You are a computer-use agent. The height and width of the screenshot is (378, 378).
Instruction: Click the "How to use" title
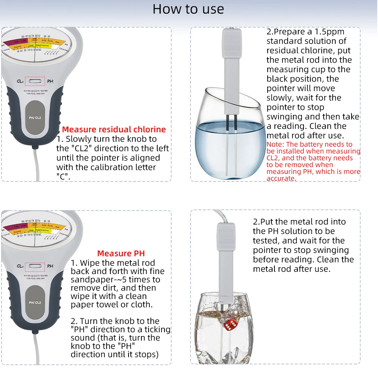coord(188,9)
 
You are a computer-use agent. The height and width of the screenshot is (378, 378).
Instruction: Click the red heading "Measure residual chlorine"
coord(114,130)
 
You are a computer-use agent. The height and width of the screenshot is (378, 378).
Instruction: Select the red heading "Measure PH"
coord(121,253)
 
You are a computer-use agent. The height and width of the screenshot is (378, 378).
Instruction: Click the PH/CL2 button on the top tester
coord(35,118)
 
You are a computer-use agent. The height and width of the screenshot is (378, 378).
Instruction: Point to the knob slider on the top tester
coord(35,81)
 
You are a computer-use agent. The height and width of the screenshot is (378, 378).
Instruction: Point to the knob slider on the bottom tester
coord(35,266)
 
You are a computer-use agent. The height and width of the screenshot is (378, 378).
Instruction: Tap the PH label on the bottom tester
coord(50,266)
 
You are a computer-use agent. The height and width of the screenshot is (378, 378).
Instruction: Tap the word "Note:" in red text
coord(275,144)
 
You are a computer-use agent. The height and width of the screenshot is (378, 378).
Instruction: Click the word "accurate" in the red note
coord(280,178)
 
